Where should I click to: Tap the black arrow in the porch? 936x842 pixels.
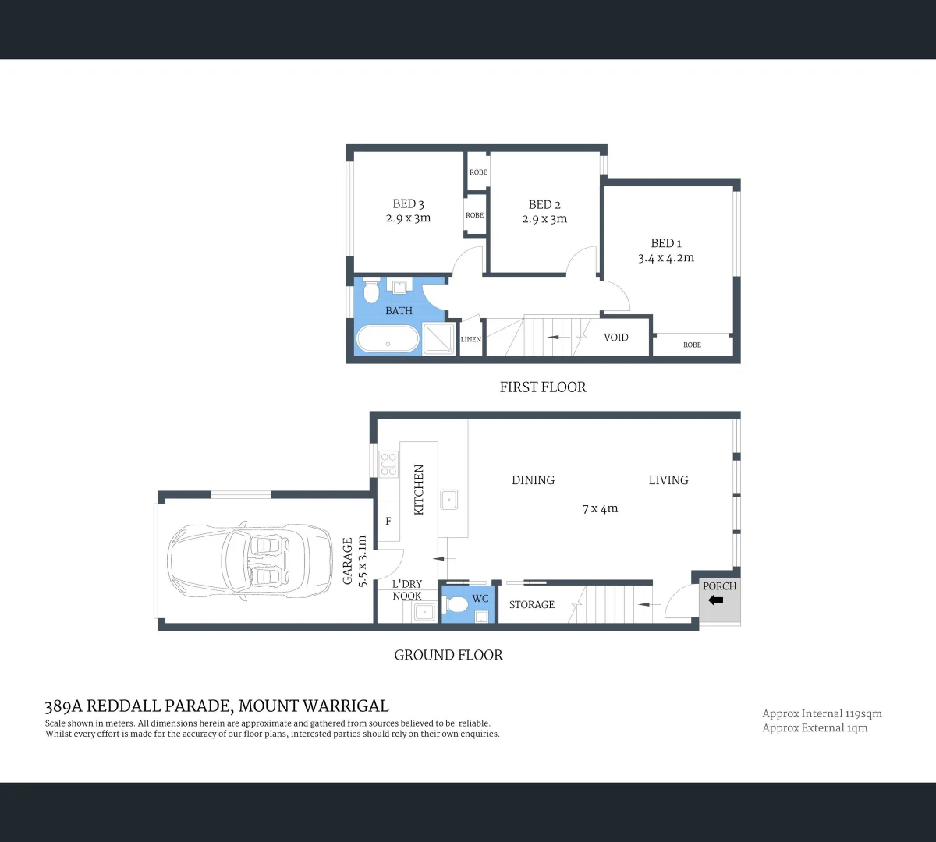click(x=715, y=600)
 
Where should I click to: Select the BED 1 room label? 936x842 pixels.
click(x=666, y=243)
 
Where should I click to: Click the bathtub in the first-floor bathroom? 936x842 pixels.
click(x=388, y=341)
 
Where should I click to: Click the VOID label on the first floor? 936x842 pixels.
click(x=616, y=338)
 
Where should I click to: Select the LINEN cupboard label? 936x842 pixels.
click(x=471, y=339)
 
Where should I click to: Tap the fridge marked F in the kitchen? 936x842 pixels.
click(x=388, y=522)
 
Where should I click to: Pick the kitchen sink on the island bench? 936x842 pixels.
click(x=449, y=499)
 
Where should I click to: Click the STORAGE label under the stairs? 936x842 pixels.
click(x=532, y=604)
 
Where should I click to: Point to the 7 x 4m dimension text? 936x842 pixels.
click(x=600, y=508)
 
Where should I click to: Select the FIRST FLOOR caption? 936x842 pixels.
click(x=543, y=387)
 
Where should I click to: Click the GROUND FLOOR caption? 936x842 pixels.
click(x=448, y=655)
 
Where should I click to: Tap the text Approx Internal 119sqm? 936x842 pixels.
click(x=822, y=713)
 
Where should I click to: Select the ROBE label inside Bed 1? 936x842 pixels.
click(x=692, y=345)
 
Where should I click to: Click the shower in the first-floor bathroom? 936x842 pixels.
click(x=438, y=339)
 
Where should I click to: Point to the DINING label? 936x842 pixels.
click(x=534, y=480)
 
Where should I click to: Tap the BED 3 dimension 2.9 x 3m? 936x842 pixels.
click(x=408, y=218)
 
